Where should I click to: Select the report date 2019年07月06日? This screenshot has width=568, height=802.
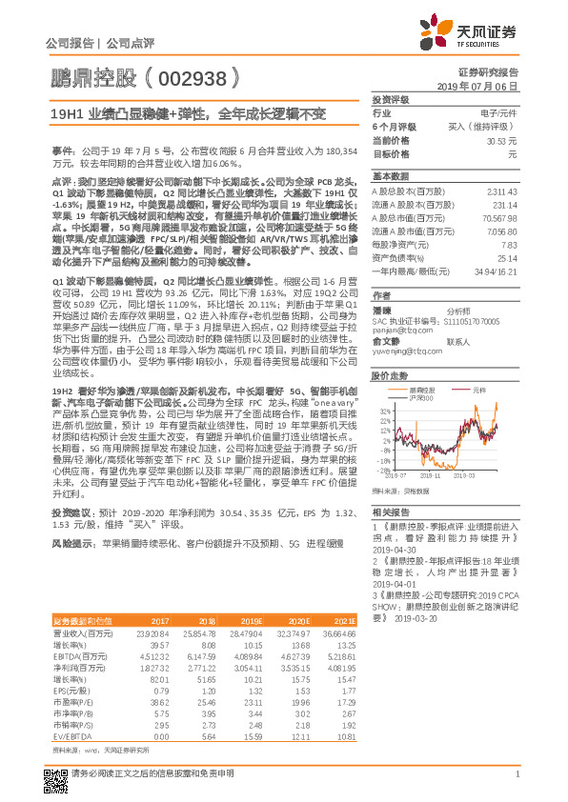pos(482,86)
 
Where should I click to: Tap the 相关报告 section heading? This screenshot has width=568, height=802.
pos(388,512)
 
